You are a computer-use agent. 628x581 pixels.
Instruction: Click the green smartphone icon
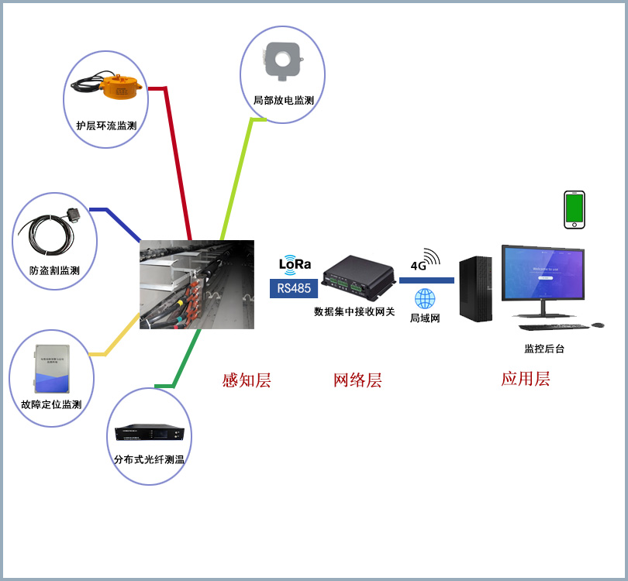[x=574, y=209]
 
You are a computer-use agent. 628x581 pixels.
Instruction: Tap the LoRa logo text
[x=295, y=264]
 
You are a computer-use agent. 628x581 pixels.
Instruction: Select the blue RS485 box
[x=294, y=288]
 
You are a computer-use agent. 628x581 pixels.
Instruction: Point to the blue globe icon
[x=425, y=299]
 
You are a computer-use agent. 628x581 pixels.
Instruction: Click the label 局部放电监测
[x=283, y=101]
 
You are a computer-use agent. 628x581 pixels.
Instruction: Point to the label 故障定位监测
[x=51, y=404]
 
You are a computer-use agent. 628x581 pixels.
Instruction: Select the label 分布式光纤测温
[x=149, y=459]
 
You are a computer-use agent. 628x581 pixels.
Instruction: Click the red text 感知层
[x=246, y=380]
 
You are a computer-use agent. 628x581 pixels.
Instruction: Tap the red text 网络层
[x=357, y=380]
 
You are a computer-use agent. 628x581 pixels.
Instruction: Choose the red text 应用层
[x=525, y=379]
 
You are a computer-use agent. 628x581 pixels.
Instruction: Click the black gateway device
[x=359, y=277]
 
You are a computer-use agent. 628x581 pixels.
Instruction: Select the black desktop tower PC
[x=475, y=289]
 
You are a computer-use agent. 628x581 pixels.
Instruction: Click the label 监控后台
[x=544, y=349]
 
